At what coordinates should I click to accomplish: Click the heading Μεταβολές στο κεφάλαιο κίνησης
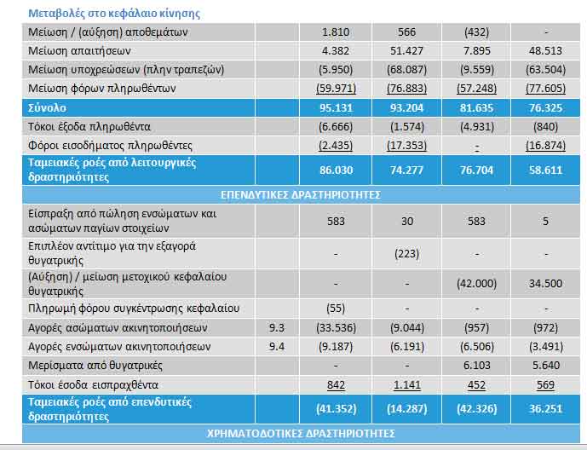pyautogui.click(x=114, y=14)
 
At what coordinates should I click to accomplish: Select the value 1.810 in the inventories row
pyautogui.click(x=336, y=32)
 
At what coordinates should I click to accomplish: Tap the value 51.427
pyautogui.click(x=406, y=51)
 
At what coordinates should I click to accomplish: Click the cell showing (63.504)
pyautogui.click(x=545, y=70)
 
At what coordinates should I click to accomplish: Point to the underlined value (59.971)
pyautogui.click(x=336, y=89)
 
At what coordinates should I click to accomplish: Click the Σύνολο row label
pyautogui.click(x=47, y=108)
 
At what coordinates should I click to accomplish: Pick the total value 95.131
pyautogui.click(x=336, y=108)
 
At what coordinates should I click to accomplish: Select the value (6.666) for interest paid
pyautogui.click(x=336, y=126)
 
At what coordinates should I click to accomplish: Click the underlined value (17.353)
pyautogui.click(x=406, y=145)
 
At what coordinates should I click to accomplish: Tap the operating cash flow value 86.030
pyautogui.click(x=336, y=170)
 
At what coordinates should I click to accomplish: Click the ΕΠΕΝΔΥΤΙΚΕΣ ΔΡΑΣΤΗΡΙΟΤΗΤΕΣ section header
pyautogui.click(x=301, y=195)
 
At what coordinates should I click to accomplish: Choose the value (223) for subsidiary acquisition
pyautogui.click(x=406, y=254)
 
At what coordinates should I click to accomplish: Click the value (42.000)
pyautogui.click(x=476, y=284)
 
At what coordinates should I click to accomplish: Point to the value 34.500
pyautogui.click(x=545, y=284)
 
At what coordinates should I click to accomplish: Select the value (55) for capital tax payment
pyautogui.click(x=336, y=309)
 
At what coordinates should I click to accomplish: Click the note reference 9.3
pyautogui.click(x=277, y=328)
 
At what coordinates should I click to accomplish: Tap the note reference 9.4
pyautogui.click(x=277, y=347)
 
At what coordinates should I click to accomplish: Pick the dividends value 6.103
pyautogui.click(x=476, y=366)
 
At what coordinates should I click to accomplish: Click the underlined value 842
pyautogui.click(x=336, y=385)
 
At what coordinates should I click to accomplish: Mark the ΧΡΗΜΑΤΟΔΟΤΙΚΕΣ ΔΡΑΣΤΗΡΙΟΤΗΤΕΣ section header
pyautogui.click(x=301, y=434)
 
